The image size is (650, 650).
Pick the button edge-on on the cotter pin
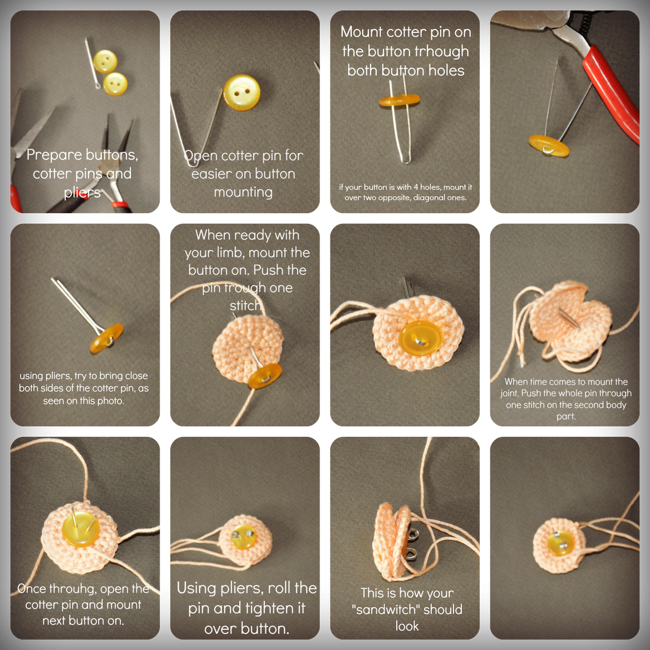click(399, 101)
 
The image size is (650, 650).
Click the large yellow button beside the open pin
click(242, 92)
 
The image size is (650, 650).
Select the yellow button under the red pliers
click(548, 145)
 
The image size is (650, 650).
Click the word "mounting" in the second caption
click(243, 192)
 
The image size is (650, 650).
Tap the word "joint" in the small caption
click(511, 393)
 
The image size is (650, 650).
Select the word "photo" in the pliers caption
click(110, 401)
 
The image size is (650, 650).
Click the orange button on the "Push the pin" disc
click(264, 376)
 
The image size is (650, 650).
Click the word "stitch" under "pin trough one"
click(245, 306)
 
